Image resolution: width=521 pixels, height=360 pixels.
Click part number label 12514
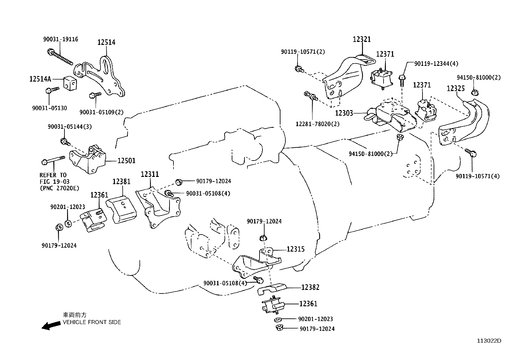tap(106, 42)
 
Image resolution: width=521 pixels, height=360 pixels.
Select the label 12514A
tap(40, 79)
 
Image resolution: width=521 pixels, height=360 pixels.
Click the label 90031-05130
tap(49, 108)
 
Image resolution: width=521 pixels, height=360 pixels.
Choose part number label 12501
tap(126, 161)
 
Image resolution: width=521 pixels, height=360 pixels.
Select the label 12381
tap(121, 181)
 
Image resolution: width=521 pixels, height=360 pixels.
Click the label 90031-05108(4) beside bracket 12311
tap(208, 194)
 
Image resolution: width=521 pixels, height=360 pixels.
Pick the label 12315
tap(296, 249)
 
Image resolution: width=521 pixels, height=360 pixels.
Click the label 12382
tap(310, 287)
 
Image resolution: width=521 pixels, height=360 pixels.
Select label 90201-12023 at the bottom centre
tap(315, 319)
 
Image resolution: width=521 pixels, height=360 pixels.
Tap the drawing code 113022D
tap(489, 341)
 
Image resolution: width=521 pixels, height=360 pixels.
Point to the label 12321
tap(362, 39)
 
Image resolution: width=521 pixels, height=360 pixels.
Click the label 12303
tap(344, 113)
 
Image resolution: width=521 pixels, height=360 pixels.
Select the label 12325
tap(456, 89)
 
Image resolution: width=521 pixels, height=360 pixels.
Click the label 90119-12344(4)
tap(436, 64)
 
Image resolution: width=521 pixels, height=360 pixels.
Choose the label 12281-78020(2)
tap(317, 124)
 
